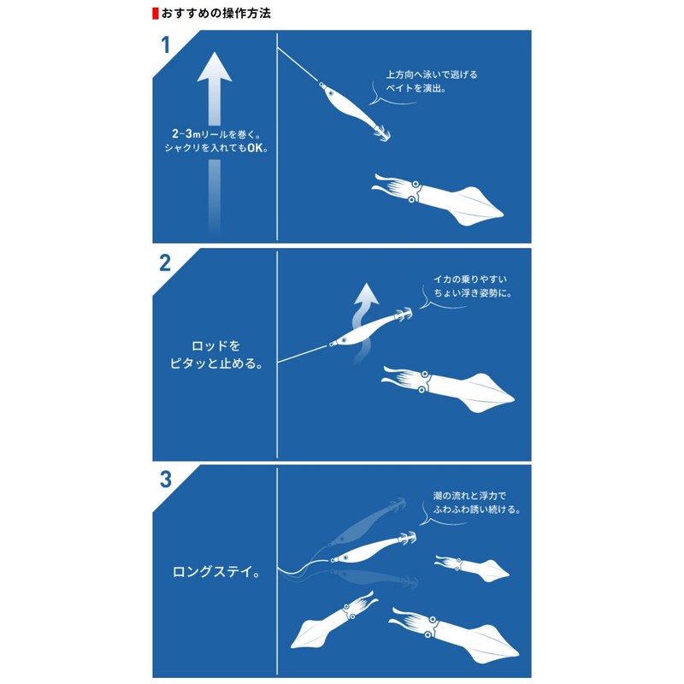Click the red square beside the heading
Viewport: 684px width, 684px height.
155,15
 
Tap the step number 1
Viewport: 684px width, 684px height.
166,46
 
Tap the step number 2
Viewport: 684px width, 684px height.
166,262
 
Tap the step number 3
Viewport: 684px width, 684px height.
166,479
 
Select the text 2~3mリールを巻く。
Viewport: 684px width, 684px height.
215,135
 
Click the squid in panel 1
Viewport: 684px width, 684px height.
445,195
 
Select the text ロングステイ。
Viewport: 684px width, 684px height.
215,569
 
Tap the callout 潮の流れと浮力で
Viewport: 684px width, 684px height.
471,495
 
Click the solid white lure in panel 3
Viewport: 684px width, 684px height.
370,549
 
